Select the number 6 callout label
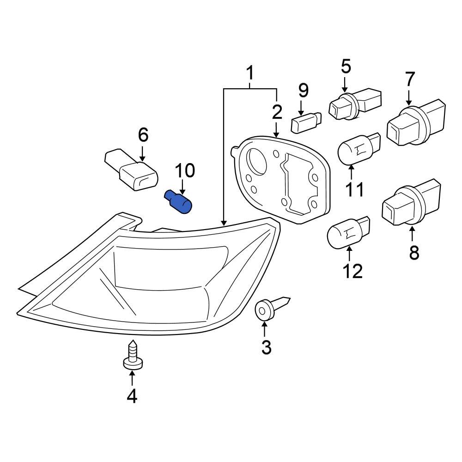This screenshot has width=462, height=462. (143, 135)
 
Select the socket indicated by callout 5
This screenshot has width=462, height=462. (353, 104)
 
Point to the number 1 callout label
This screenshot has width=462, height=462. (249, 73)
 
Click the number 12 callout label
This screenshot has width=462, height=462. (353, 272)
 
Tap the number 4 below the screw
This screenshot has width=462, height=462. (132, 396)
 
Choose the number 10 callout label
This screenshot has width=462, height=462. (184, 171)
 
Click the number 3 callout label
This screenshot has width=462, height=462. (267, 347)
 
